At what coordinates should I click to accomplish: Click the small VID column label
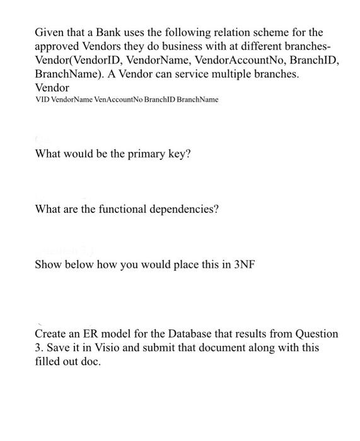(41, 100)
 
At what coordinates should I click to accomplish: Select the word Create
(51, 333)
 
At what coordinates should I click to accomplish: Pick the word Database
(192, 333)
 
